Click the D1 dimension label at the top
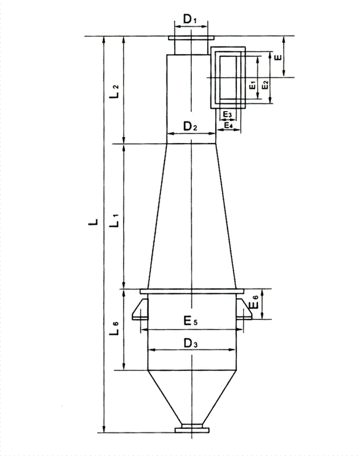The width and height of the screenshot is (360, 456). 190,20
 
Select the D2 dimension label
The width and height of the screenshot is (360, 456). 190,126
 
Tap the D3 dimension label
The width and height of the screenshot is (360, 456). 190,343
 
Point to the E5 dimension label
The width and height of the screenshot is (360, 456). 190,322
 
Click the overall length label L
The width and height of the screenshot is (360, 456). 92,223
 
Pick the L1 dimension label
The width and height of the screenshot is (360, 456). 117,223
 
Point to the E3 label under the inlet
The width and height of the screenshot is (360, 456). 228,113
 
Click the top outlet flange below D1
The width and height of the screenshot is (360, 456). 191,39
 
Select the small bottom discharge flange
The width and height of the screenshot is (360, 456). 191,429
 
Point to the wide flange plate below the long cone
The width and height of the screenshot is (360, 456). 191,291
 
